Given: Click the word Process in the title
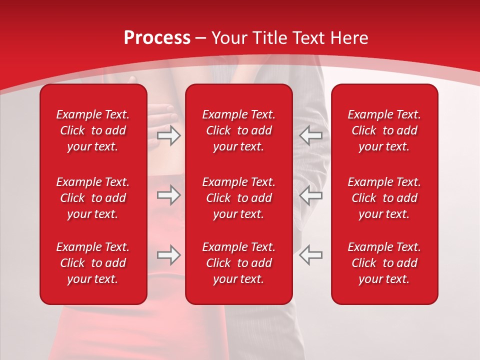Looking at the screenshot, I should [x=157, y=38].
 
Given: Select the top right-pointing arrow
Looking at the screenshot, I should [x=169, y=135].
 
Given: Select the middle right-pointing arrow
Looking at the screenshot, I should [x=169, y=195].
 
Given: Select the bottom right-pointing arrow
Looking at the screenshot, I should [x=169, y=255].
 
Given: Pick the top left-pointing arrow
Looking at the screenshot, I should [x=310, y=135].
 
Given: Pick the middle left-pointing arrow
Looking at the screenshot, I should [x=310, y=195].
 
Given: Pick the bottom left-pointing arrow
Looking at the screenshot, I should [x=310, y=255].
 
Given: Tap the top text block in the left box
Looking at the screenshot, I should [x=93, y=130].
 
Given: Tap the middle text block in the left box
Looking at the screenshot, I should [x=93, y=198].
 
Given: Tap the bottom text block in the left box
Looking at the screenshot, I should [x=93, y=263].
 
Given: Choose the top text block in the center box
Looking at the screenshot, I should [x=238, y=130].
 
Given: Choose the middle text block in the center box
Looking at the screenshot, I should [x=238, y=198].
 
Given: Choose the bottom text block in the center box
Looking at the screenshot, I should [x=238, y=263].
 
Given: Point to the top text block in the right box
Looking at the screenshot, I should [x=384, y=130].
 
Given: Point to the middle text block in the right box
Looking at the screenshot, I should [x=384, y=198].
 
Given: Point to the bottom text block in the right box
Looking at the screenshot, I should [x=384, y=263].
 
